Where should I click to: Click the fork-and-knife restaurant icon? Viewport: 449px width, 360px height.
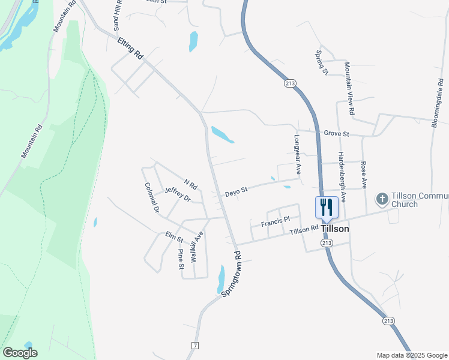[x=327, y=208]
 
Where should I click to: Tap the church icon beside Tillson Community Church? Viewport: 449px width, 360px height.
[x=381, y=198]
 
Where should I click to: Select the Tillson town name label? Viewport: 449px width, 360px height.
[x=335, y=229]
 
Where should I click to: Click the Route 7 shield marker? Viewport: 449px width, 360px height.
[x=194, y=346]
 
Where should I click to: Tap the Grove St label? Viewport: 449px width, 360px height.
[x=336, y=133]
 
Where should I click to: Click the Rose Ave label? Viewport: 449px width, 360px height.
[x=364, y=172]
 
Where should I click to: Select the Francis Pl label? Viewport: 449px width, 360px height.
[x=276, y=222]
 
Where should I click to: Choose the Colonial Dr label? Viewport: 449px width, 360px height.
[x=151, y=199]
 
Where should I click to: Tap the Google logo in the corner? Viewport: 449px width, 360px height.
[x=20, y=352]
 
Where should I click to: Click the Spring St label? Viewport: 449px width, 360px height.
[x=322, y=62]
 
